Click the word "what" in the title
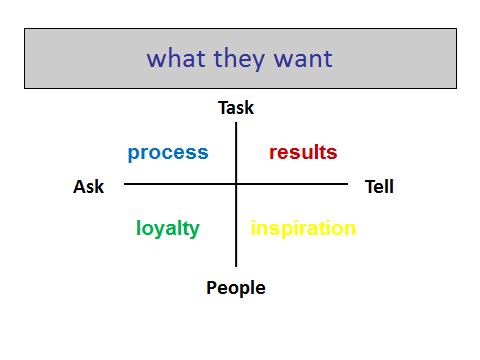point(176,58)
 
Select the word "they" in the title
point(239,59)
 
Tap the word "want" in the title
point(303,59)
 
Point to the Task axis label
point(236,108)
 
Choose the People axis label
point(236,288)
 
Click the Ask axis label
point(88,186)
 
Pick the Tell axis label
point(379,186)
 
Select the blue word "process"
point(168,153)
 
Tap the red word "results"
point(303,152)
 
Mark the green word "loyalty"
point(168,229)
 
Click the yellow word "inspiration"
point(303,229)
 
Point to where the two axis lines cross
point(236,184)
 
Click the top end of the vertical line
point(236,123)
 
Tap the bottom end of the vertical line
point(236,266)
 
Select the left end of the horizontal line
point(124,184)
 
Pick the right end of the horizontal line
point(347,184)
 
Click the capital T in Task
point(223,108)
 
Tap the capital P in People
point(212,287)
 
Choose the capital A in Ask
point(80,186)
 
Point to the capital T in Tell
point(370,186)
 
